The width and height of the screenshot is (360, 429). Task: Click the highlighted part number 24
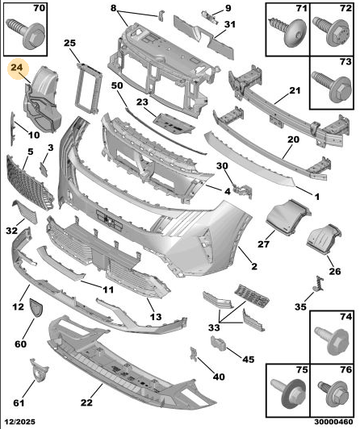17,67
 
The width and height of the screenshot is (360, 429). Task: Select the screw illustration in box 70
26,33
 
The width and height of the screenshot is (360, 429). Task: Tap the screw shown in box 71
287,32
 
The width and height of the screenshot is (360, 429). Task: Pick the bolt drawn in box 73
332,85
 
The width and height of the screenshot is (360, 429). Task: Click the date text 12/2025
18,422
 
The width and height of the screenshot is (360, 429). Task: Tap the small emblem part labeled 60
36,307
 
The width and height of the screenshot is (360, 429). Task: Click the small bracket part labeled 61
39,369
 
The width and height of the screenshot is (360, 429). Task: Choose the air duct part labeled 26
324,240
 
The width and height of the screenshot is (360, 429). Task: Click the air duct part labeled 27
288,218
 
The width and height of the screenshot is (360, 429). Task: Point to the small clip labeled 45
218,344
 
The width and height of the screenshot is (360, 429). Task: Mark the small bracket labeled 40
194,354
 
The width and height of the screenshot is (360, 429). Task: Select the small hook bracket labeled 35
319,284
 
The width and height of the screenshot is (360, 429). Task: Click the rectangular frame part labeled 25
88,87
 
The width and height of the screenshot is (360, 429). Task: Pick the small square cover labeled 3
44,169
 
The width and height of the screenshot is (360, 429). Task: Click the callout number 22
86,402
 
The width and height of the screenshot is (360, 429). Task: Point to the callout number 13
156,317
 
